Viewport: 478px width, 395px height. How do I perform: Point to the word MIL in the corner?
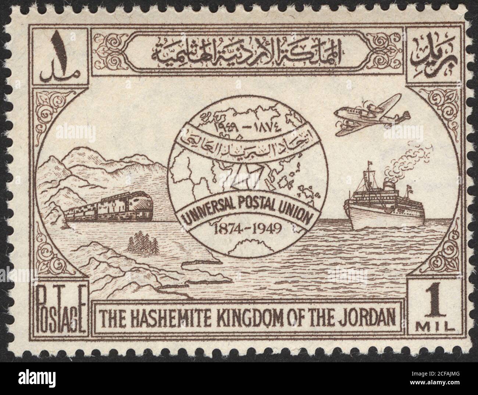434,326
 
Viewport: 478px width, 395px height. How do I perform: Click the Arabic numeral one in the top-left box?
60,46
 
